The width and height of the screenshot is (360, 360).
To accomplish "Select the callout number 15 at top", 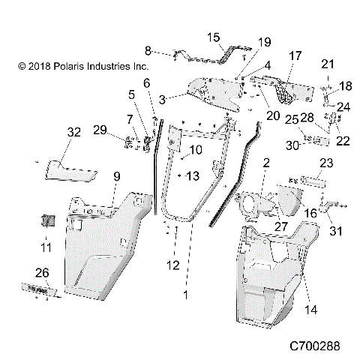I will point(213,37).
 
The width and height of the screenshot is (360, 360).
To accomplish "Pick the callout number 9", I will point(116,176).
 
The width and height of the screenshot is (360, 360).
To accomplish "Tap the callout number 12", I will point(173,264).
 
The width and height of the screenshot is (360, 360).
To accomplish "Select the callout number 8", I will point(148,50).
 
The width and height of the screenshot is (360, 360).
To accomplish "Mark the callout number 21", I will point(327,63).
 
